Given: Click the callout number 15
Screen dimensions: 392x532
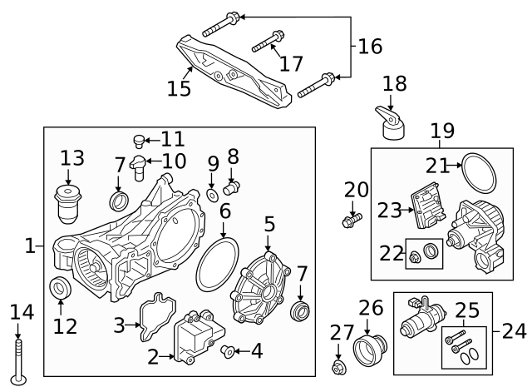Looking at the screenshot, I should click(x=179, y=88).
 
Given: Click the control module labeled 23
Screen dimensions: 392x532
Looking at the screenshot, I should click(x=431, y=206).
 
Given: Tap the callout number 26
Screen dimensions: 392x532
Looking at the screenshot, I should click(x=371, y=307).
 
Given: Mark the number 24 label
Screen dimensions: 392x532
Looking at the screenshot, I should click(x=515, y=331).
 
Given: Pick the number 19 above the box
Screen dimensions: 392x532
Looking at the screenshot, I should click(x=441, y=131).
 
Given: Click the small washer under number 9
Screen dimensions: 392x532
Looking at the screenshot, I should click(x=213, y=195).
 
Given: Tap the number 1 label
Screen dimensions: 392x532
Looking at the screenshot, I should click(x=30, y=246).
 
